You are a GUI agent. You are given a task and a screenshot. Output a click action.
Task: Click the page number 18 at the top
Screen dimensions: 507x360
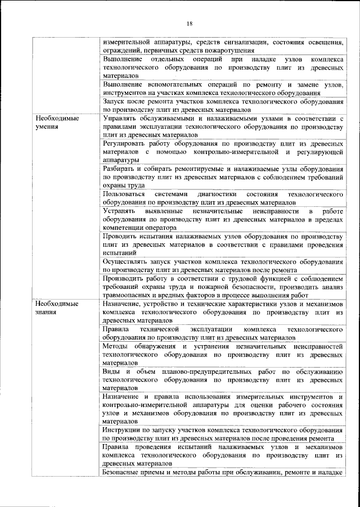(189, 23)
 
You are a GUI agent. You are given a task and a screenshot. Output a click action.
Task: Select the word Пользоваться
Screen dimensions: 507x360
(127, 194)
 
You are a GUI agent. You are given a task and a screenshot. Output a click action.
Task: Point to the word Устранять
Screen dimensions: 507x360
(120, 211)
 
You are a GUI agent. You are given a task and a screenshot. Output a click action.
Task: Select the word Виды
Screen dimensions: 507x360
(111, 371)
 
